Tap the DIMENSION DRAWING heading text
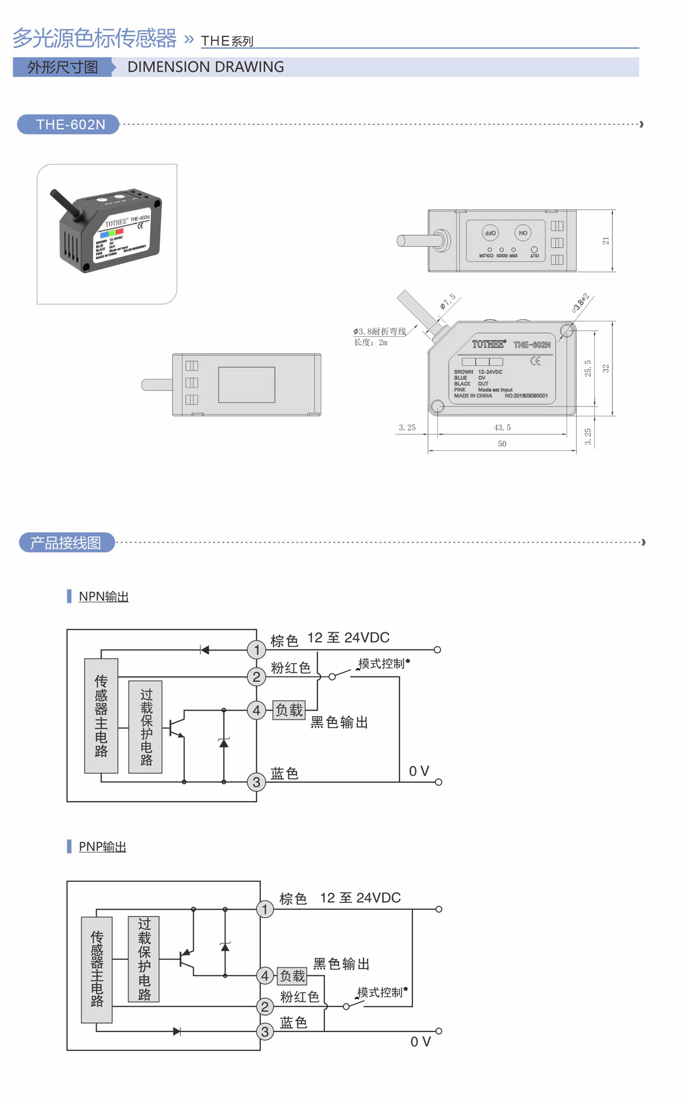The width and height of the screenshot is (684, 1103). click(x=205, y=67)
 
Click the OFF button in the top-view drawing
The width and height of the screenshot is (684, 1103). click(x=490, y=233)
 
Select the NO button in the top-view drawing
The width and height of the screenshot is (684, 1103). click(x=523, y=233)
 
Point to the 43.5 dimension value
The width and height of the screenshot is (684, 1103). click(x=502, y=427)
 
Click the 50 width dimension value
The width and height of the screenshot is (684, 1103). click(x=502, y=443)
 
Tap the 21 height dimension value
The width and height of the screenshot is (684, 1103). click(x=606, y=241)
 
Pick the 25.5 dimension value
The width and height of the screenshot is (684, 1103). click(x=588, y=368)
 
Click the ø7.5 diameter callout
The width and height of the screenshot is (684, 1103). click(x=447, y=301)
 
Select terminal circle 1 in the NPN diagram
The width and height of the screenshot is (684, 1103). click(x=256, y=649)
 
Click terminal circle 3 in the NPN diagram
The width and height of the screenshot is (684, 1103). click(x=256, y=782)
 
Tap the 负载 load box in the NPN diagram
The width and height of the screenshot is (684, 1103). click(x=289, y=709)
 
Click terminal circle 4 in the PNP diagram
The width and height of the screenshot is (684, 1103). click(x=265, y=975)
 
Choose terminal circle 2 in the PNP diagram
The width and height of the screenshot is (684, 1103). click(x=265, y=1007)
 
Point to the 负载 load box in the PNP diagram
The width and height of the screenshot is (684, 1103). click(x=292, y=975)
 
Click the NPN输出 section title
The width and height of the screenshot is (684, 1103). click(x=103, y=596)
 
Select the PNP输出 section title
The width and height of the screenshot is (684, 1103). click(x=102, y=846)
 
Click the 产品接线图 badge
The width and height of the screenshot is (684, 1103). click(x=66, y=543)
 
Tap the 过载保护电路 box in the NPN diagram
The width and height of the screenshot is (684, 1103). click(x=145, y=726)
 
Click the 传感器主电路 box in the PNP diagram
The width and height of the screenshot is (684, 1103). click(x=96, y=969)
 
